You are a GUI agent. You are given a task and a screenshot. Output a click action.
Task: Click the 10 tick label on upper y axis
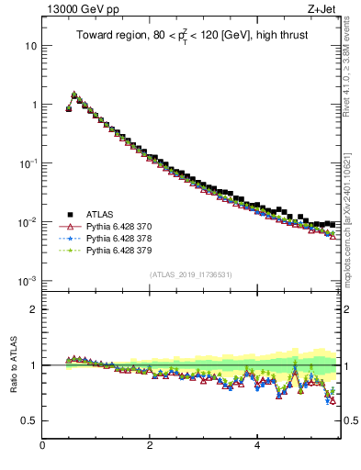(x=29, y=46)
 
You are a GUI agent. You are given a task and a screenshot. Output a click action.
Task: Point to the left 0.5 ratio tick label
(x=28, y=420)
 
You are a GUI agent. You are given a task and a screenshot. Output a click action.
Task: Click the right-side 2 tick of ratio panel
(x=348, y=309)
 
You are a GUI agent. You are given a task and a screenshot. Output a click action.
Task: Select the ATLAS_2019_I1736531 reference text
(x=191, y=274)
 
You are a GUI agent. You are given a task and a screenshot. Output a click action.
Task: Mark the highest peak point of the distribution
(x=74, y=94)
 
